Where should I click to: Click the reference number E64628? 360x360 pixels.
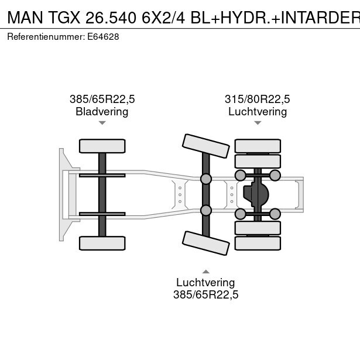[103, 37]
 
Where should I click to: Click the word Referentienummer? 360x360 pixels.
[46, 37]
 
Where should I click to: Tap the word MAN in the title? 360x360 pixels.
[25, 18]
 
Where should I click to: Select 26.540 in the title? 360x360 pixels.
[111, 18]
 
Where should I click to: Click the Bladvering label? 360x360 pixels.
[102, 112]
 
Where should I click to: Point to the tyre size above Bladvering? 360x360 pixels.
[102, 99]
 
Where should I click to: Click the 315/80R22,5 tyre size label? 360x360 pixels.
[258, 99]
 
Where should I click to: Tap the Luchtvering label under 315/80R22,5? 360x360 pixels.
[258, 112]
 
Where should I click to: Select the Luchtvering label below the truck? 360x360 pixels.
[205, 282]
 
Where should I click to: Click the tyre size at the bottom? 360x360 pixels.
[205, 294]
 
